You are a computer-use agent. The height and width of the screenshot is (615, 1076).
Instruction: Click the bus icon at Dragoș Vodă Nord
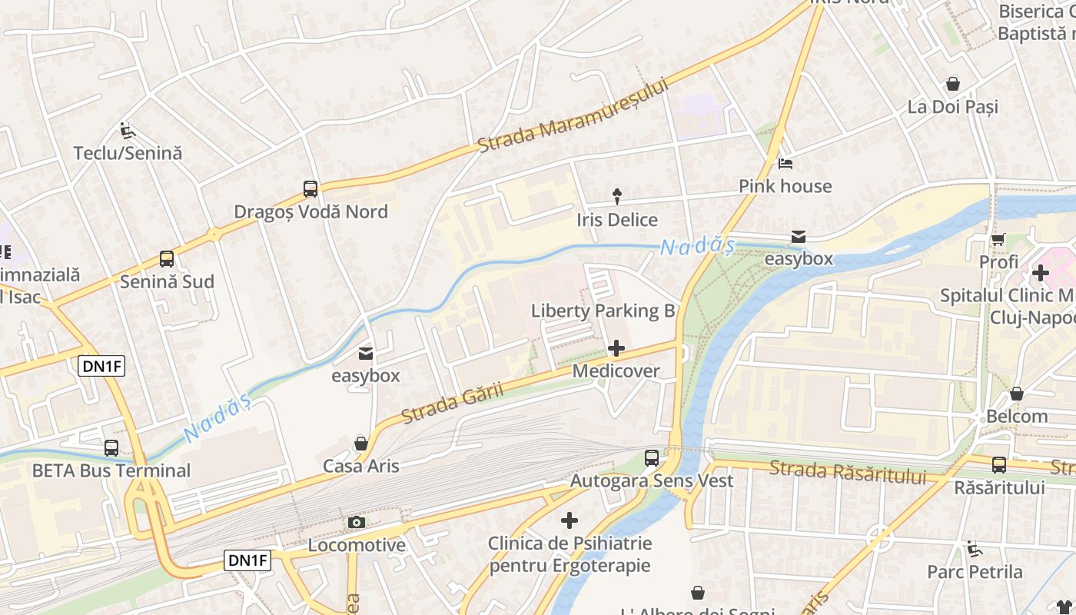tap(311, 188)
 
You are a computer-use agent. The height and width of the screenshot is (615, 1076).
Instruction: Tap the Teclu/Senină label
tap(128, 153)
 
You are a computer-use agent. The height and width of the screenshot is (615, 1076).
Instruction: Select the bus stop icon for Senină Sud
tap(167, 259)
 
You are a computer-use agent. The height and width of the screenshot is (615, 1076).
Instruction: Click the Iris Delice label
tap(617, 220)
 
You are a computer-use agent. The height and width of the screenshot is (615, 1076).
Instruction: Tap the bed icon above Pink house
tap(785, 163)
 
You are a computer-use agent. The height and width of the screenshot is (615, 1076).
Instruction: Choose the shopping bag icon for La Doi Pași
tap(953, 84)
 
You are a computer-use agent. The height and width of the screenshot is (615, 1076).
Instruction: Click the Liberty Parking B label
tap(603, 311)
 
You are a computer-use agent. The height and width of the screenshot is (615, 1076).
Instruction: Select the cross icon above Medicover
tap(616, 349)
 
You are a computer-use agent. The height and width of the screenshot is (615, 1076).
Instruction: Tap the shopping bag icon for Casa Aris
tap(360, 444)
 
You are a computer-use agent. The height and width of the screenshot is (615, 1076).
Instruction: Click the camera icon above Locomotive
tap(356, 523)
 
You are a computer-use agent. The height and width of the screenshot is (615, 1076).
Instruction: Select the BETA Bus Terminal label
tap(111, 470)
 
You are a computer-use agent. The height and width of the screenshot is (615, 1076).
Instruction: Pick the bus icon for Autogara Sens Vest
tap(652, 458)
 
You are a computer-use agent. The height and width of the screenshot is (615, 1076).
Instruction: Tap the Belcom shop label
tap(1017, 417)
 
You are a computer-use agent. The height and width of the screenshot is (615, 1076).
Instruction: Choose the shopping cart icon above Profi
tap(998, 240)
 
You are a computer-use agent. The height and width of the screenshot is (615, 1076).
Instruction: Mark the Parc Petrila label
tap(975, 572)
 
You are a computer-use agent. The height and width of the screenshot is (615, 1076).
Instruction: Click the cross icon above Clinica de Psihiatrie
tap(569, 521)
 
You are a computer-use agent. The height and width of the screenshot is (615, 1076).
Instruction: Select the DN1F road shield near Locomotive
tap(247, 560)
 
